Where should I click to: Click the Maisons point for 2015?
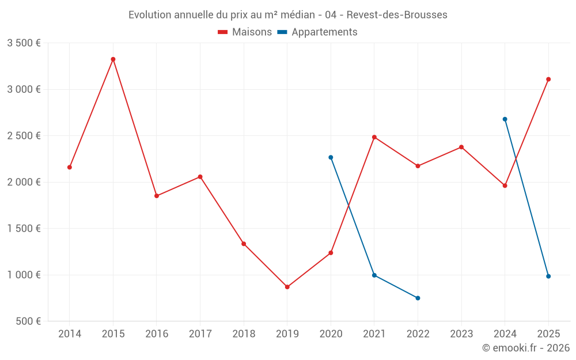113,59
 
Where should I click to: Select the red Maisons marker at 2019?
287,287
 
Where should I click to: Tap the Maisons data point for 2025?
548,79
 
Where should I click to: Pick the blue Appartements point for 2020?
331,157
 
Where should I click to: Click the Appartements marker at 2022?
418,298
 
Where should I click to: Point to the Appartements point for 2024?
505,119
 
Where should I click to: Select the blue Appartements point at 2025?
548,276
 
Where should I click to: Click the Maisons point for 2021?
374,137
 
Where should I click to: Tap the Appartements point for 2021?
374,275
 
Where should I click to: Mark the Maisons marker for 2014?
70,167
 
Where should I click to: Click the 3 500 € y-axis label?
24,43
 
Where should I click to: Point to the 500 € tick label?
28,321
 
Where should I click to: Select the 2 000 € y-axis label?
24,182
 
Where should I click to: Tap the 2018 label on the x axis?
244,334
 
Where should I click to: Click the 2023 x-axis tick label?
461,334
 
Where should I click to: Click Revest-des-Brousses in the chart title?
397,15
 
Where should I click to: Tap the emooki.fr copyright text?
526,348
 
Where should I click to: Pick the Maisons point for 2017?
200,177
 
